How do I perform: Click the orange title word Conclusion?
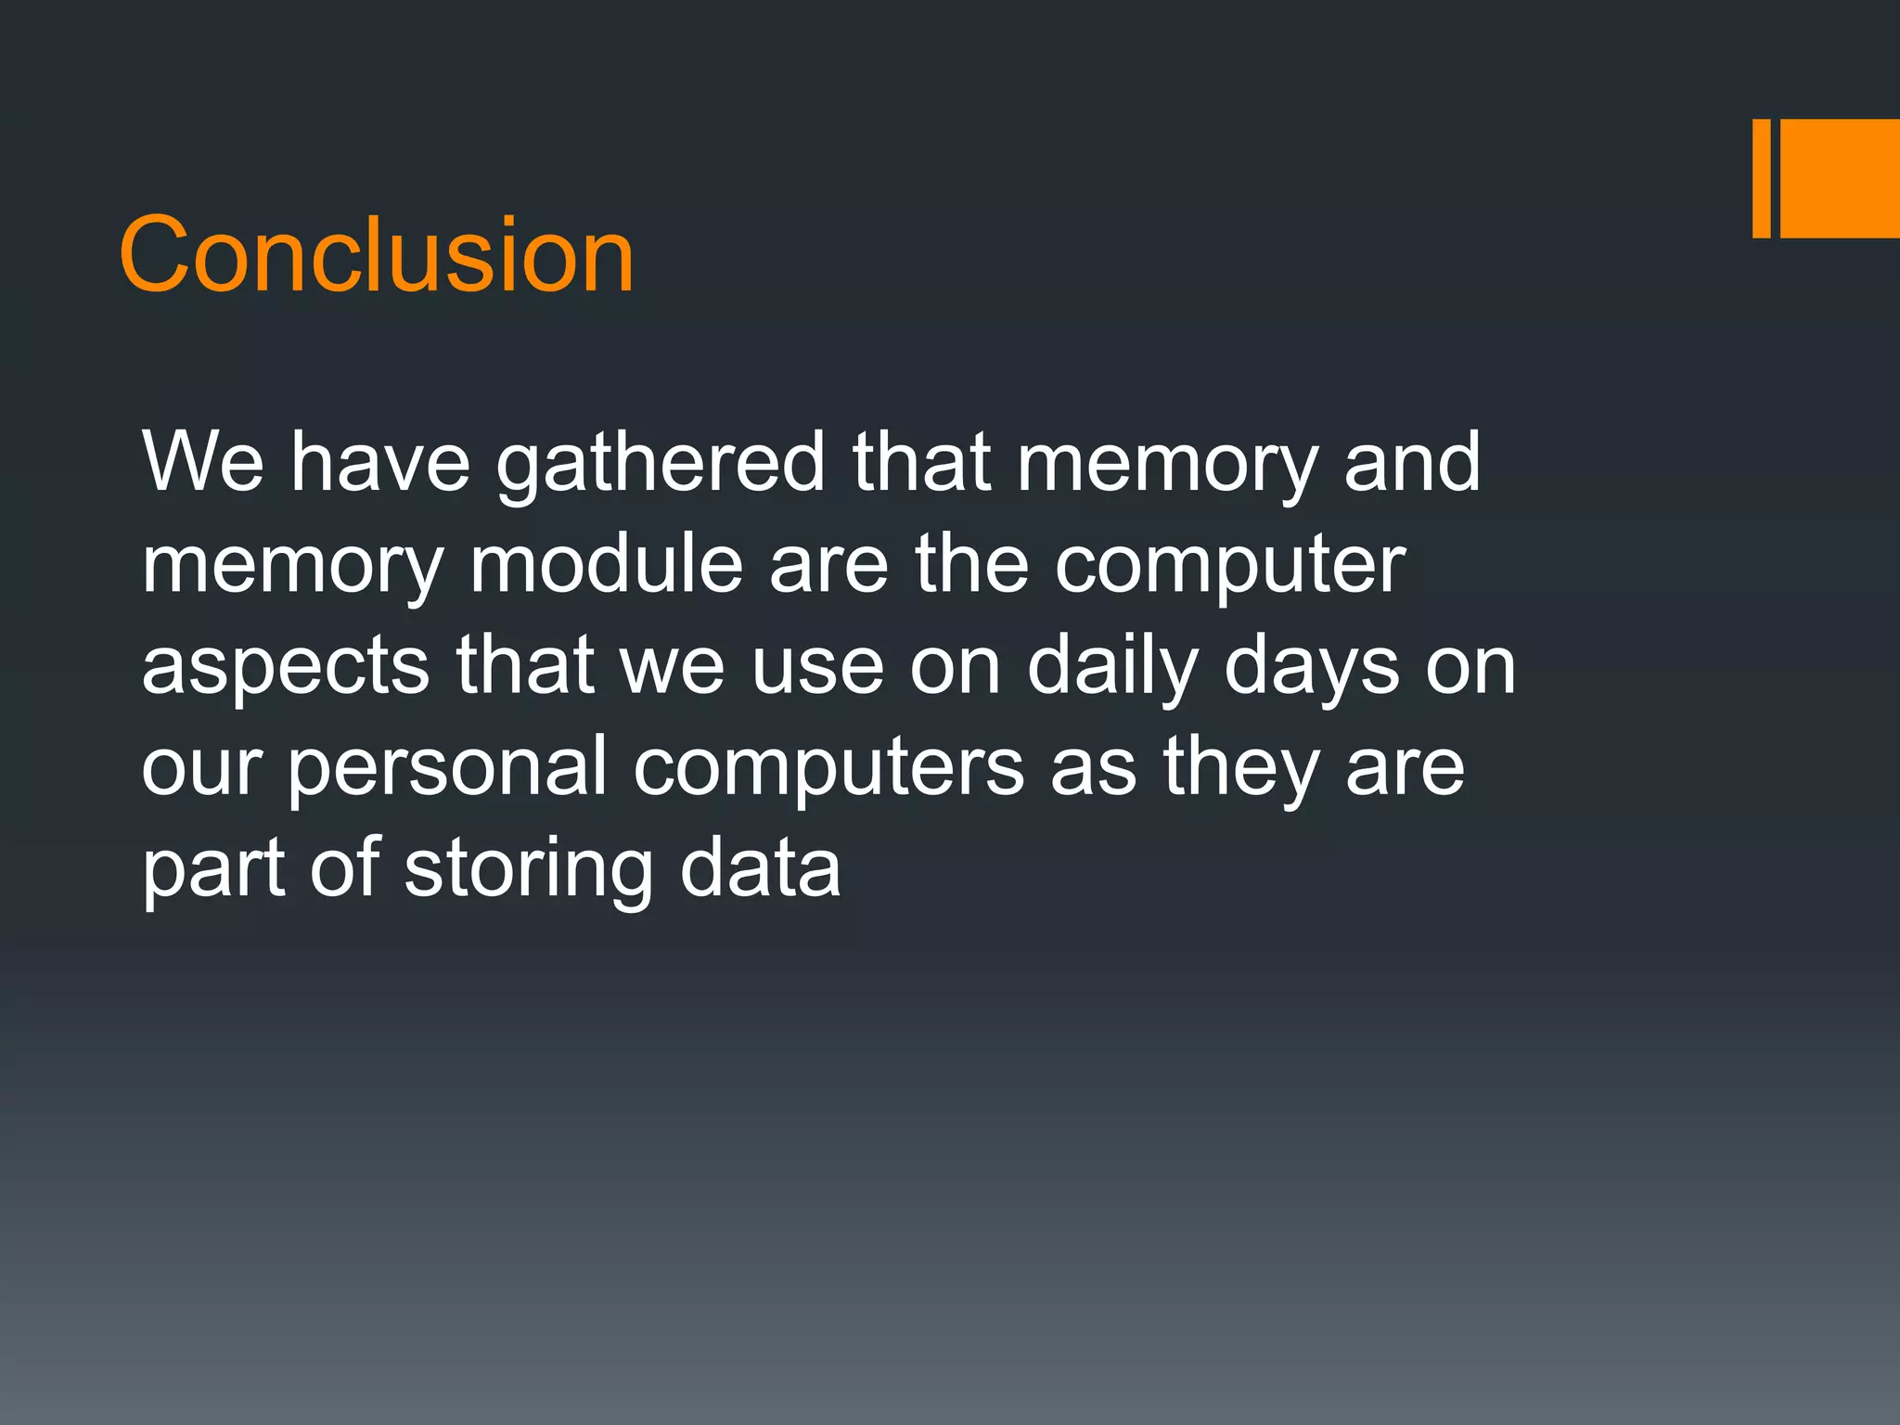pos(376,254)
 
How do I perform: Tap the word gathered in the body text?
pos(660,464)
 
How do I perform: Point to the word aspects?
pos(285,668)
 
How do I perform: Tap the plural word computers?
pos(828,768)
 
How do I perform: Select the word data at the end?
pos(760,868)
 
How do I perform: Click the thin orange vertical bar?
pos(1761,178)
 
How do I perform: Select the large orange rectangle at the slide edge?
pos(1840,178)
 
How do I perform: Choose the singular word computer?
pos(1229,566)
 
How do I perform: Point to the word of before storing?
pos(344,868)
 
